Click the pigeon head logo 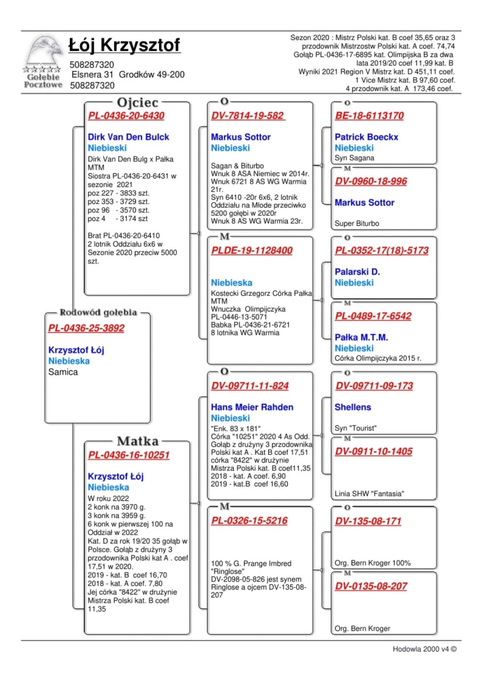(x=44, y=51)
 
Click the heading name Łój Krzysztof (x=124, y=45)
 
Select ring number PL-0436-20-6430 (x=126, y=116)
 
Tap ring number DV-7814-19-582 (x=248, y=116)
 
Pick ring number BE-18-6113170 (x=369, y=116)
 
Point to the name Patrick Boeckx (x=366, y=137)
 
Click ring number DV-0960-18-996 (x=371, y=181)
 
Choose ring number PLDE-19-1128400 (x=252, y=250)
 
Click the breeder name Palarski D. (x=357, y=272)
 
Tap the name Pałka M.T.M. (x=361, y=337)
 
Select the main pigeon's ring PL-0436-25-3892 (x=86, y=328)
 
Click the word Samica (x=63, y=372)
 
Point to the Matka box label (x=137, y=441)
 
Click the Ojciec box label (x=137, y=102)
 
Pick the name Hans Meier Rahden (x=252, y=407)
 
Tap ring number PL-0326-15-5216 (x=249, y=521)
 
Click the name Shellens (x=353, y=407)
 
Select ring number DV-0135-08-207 (x=371, y=587)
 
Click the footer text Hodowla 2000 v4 (x=424, y=649)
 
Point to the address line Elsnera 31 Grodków (x=128, y=75)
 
